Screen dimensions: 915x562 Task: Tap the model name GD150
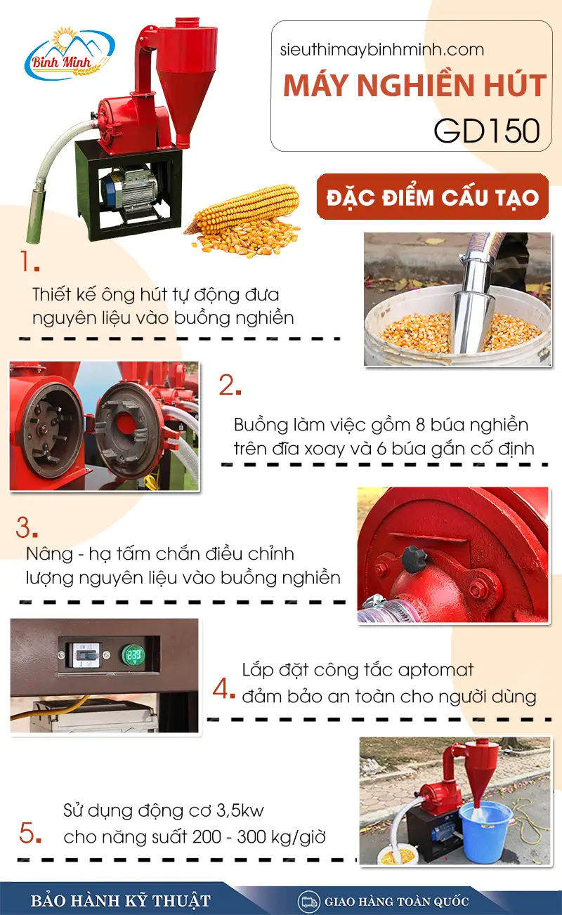point(487,131)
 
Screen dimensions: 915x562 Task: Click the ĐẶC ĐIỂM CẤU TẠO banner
point(432,197)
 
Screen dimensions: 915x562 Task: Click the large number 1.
point(29,262)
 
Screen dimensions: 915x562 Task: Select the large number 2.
point(230,386)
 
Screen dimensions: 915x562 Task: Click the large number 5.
point(30,834)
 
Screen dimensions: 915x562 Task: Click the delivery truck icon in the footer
point(307,901)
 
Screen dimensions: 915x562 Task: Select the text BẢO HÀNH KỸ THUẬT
point(120,901)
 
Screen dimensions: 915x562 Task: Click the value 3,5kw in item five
point(241,812)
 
